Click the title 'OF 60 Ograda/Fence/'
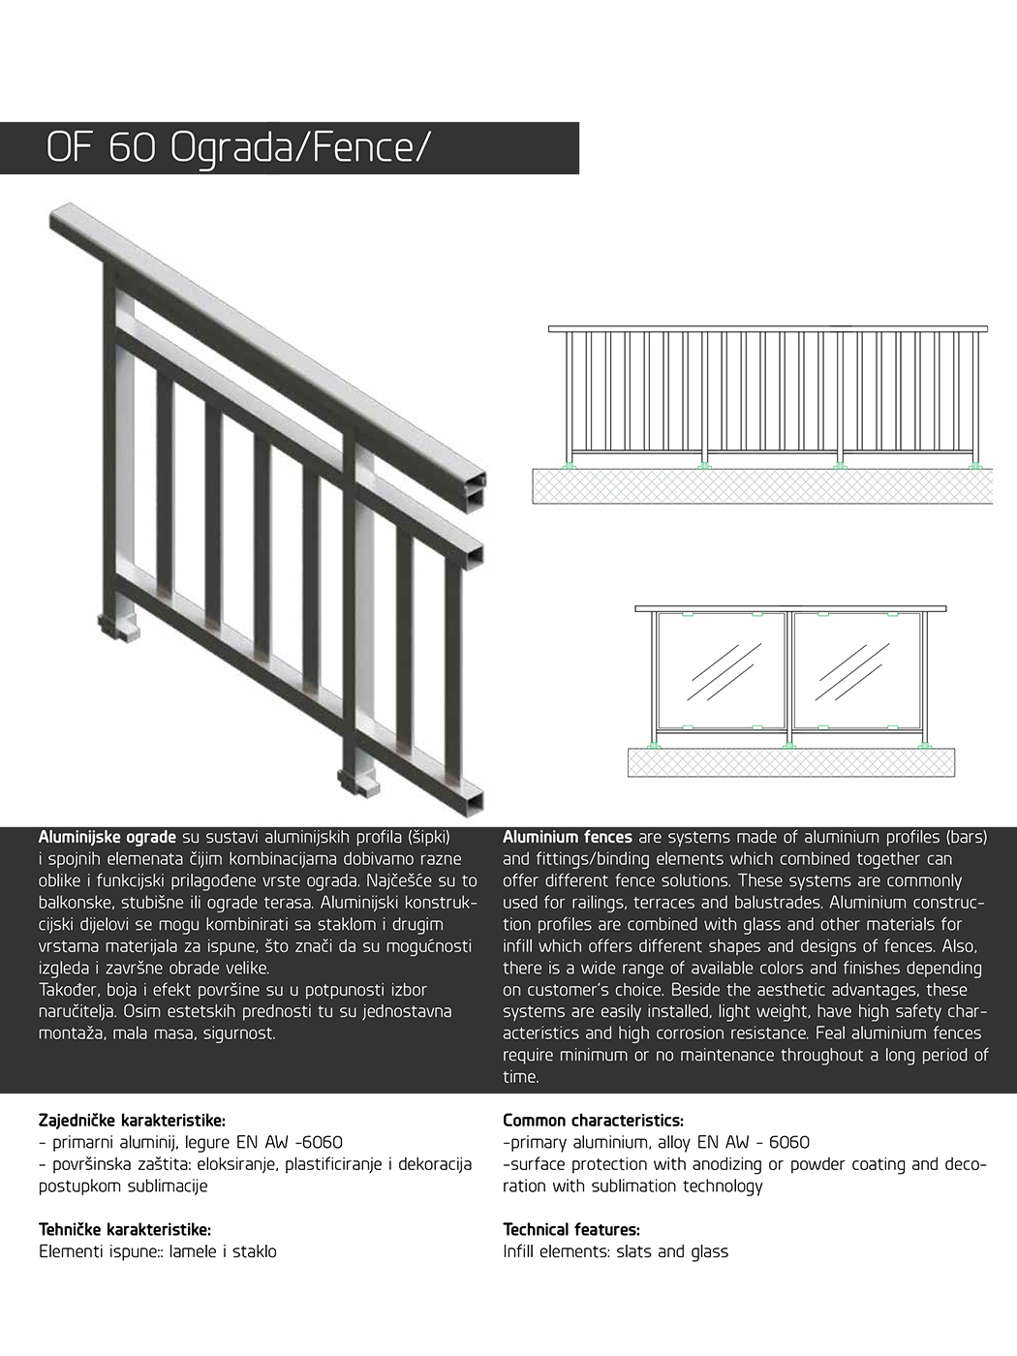[236, 148]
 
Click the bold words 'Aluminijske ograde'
[107, 837]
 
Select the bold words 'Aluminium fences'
[567, 837]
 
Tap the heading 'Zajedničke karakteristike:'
[132, 1121]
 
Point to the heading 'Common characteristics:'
[593, 1121]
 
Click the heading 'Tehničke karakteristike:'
[125, 1229]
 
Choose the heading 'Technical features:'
[571, 1229]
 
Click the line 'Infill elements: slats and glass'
[615, 1251]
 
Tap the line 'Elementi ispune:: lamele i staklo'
[157, 1251]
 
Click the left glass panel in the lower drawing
[722, 670]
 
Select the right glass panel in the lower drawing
[856, 670]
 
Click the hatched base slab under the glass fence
[790, 762]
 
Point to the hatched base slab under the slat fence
[762, 486]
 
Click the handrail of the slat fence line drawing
[767, 329]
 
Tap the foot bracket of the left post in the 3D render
[119, 627]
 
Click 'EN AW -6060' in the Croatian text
[289, 1143]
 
